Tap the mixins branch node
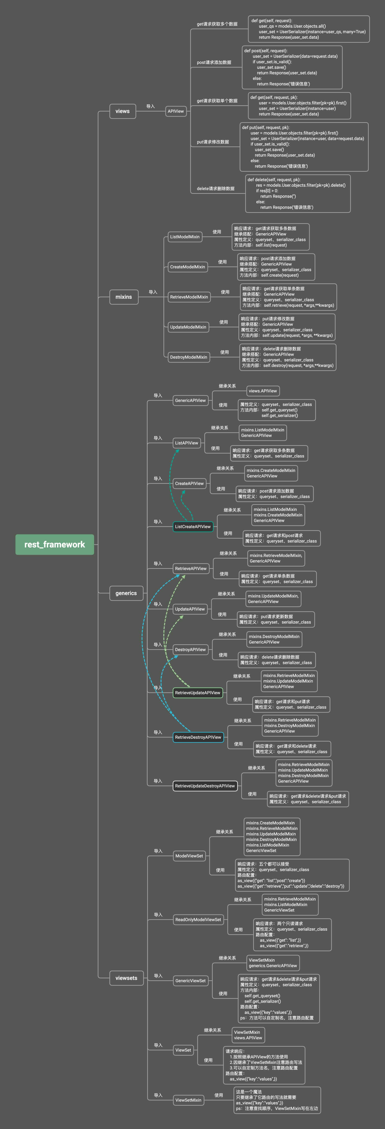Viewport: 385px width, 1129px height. pyautogui.click(x=124, y=297)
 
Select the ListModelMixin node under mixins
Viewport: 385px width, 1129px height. pyautogui.click(x=185, y=237)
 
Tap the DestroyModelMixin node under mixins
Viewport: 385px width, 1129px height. pyautogui.click(x=189, y=357)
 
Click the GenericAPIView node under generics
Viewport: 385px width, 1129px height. pyautogui.click(x=190, y=400)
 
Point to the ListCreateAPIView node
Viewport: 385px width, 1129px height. pyautogui.click(x=193, y=526)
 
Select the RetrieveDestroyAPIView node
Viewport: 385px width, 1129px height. pyautogui.click(x=198, y=737)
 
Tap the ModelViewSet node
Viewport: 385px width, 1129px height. pyautogui.click(x=189, y=855)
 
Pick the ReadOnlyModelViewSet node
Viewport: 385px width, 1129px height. pyautogui.click(x=198, y=919)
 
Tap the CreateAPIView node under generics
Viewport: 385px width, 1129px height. pyautogui.click(x=189, y=483)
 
